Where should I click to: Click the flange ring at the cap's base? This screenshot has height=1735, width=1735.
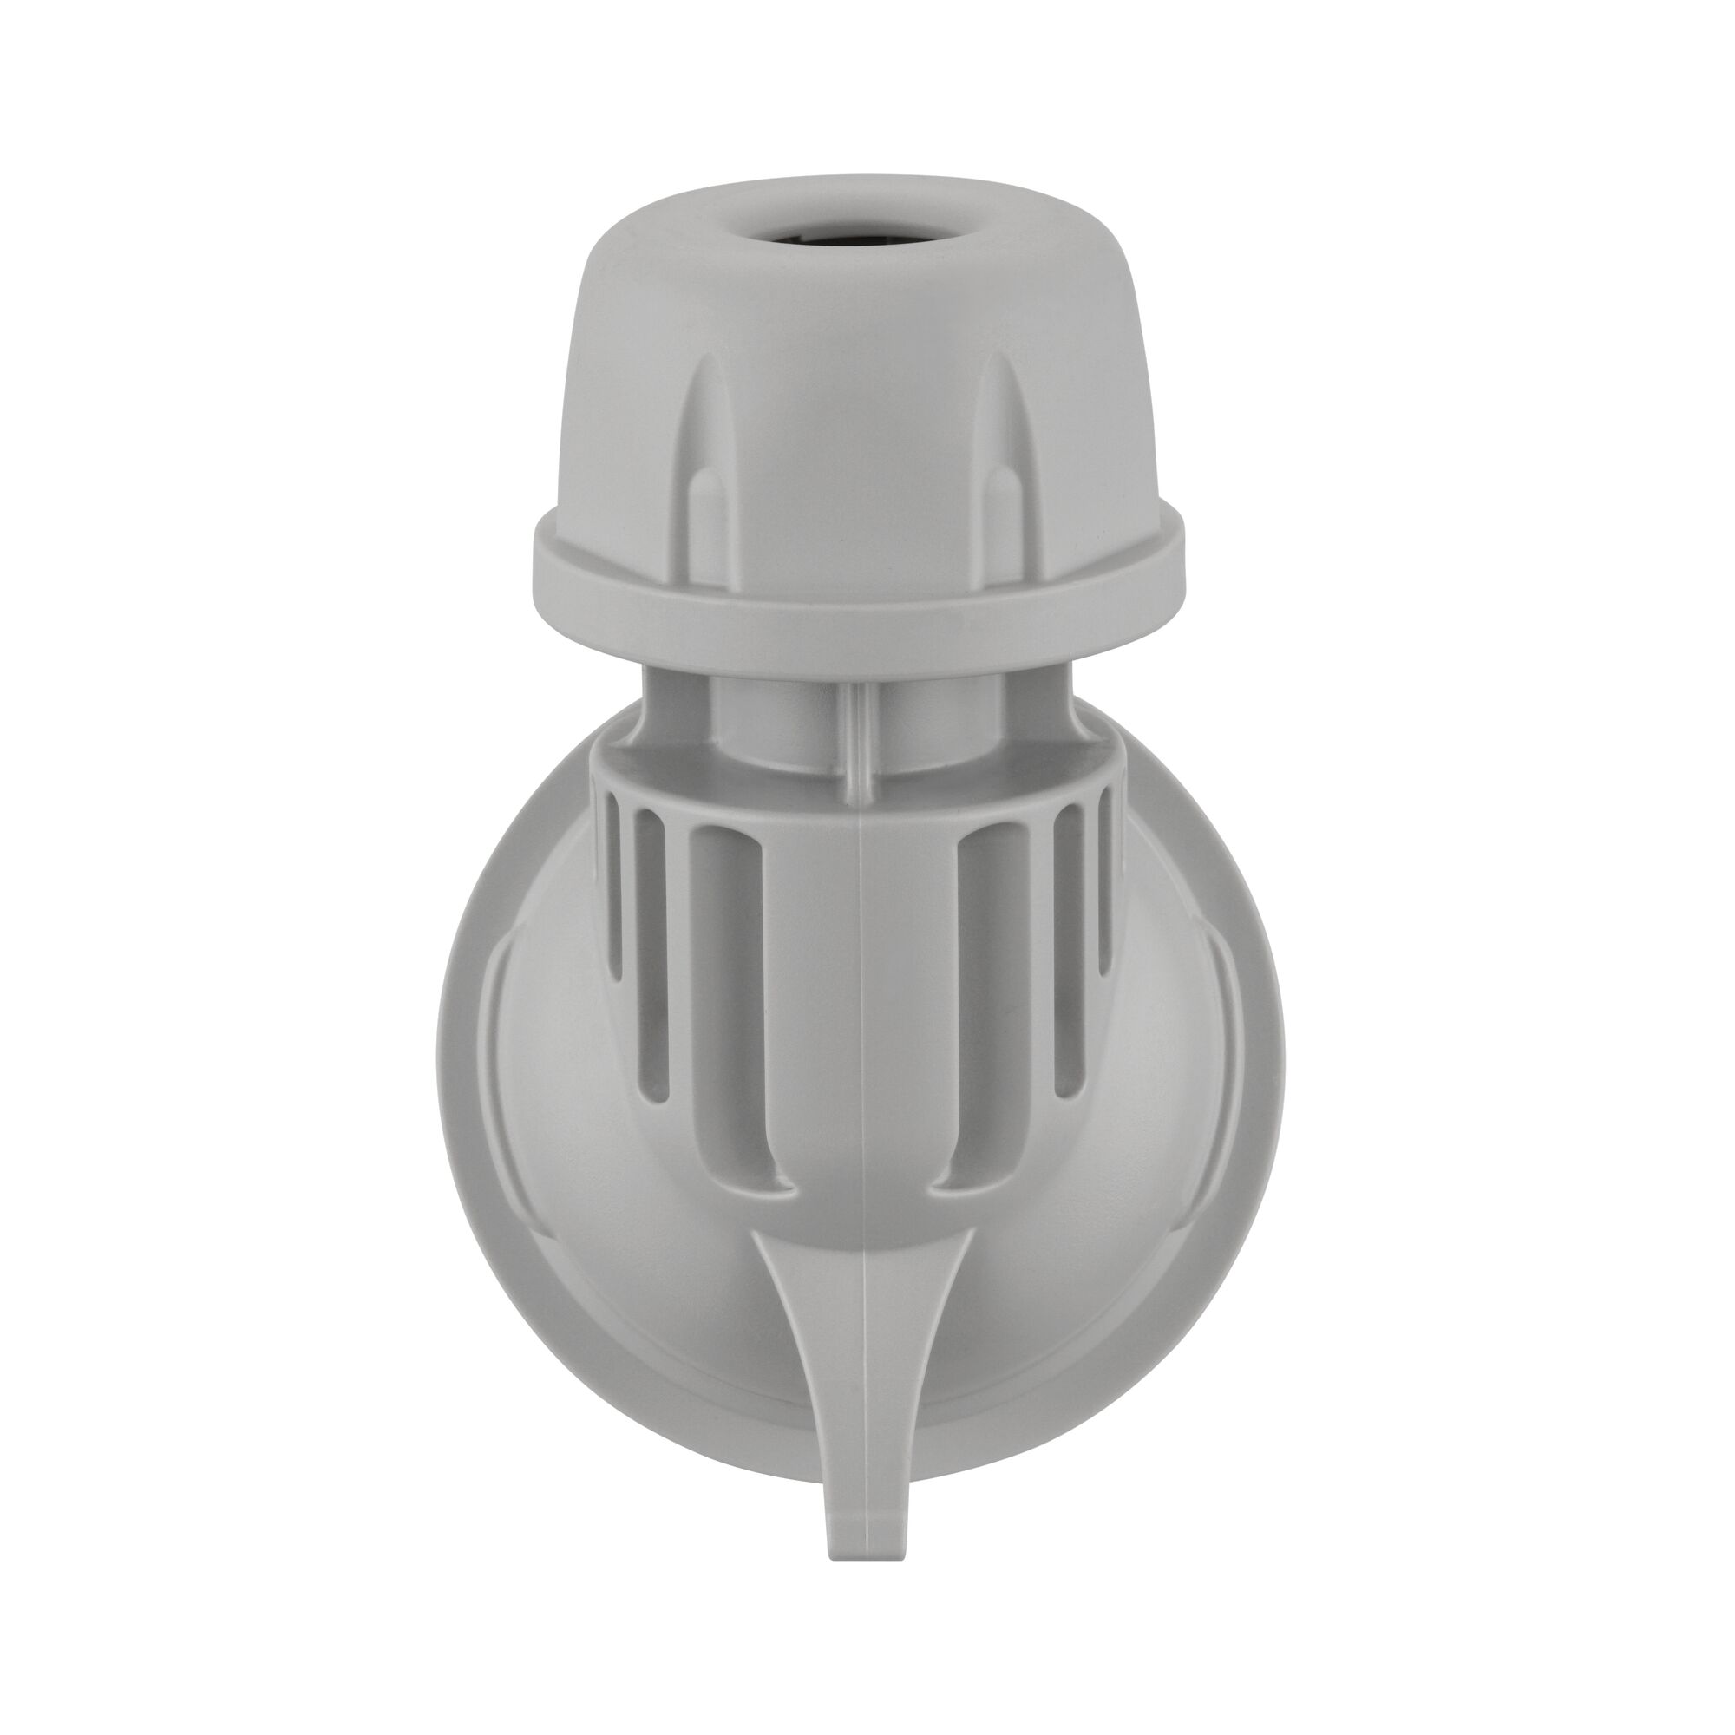858,593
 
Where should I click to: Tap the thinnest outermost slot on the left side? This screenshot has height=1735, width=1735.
616,898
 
